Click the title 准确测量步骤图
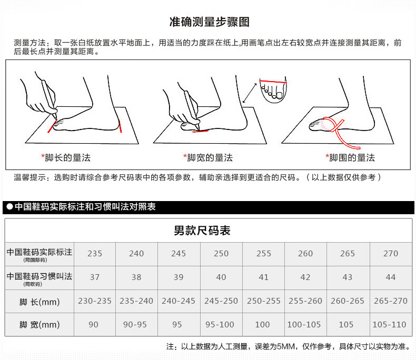[210, 22]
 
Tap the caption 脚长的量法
[67, 158]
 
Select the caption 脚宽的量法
[210, 158]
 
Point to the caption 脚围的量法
[352, 158]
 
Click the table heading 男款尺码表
[202, 231]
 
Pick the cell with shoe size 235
[95, 254]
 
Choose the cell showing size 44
[391, 277]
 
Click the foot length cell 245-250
[221, 301]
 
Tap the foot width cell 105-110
[390, 325]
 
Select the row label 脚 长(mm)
[39, 302]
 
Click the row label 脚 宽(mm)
[39, 325]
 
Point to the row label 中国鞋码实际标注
[39, 252]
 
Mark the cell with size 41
[264, 277]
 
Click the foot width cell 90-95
[135, 325]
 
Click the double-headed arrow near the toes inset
[250, 93]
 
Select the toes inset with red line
[273, 89]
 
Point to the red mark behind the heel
[120, 126]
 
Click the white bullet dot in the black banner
[10, 207]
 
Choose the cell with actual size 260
[305, 254]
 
